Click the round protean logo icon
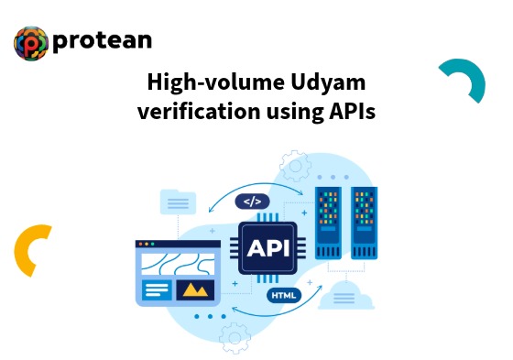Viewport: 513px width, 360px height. [30, 43]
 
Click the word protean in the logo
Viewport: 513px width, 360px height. [102, 41]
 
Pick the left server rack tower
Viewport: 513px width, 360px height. [327, 224]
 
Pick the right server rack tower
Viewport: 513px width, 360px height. [364, 224]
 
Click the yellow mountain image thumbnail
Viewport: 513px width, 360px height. [193, 290]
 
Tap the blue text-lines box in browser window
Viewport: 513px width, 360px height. [157, 290]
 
